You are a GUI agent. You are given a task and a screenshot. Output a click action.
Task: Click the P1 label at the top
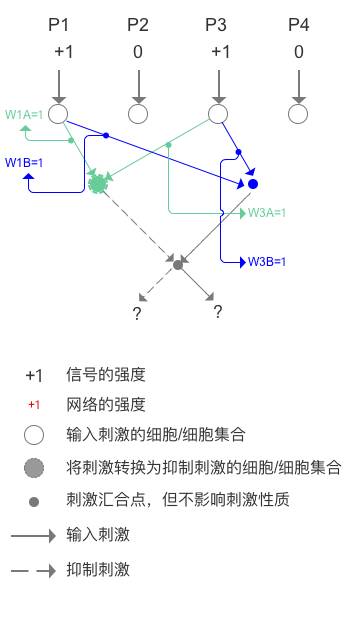click(x=60, y=24)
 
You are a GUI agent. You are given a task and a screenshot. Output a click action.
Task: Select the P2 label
click(x=138, y=24)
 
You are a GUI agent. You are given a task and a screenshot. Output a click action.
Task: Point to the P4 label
click(x=298, y=24)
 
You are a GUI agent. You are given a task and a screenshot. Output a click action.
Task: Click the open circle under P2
click(x=138, y=114)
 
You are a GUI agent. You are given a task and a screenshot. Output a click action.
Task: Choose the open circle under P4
click(x=298, y=114)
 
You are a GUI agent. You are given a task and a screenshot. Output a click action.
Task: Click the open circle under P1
click(x=59, y=114)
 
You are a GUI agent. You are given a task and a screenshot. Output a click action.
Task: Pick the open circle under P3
click(x=218, y=114)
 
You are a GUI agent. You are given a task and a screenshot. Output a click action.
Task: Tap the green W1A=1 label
click(x=24, y=115)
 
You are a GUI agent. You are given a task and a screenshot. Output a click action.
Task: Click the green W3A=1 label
click(x=267, y=213)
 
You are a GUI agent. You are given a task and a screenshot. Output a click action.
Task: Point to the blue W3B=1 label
click(x=267, y=262)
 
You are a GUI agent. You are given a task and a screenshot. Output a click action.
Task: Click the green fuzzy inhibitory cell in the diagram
click(x=97, y=184)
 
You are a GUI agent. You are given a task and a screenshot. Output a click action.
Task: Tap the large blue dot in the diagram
click(x=253, y=184)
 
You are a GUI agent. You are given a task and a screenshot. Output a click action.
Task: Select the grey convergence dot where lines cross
click(x=178, y=264)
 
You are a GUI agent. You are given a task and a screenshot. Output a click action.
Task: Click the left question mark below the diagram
click(x=137, y=314)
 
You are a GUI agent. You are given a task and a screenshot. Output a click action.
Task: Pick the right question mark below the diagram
click(x=217, y=312)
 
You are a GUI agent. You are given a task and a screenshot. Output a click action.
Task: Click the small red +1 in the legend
click(x=34, y=405)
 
